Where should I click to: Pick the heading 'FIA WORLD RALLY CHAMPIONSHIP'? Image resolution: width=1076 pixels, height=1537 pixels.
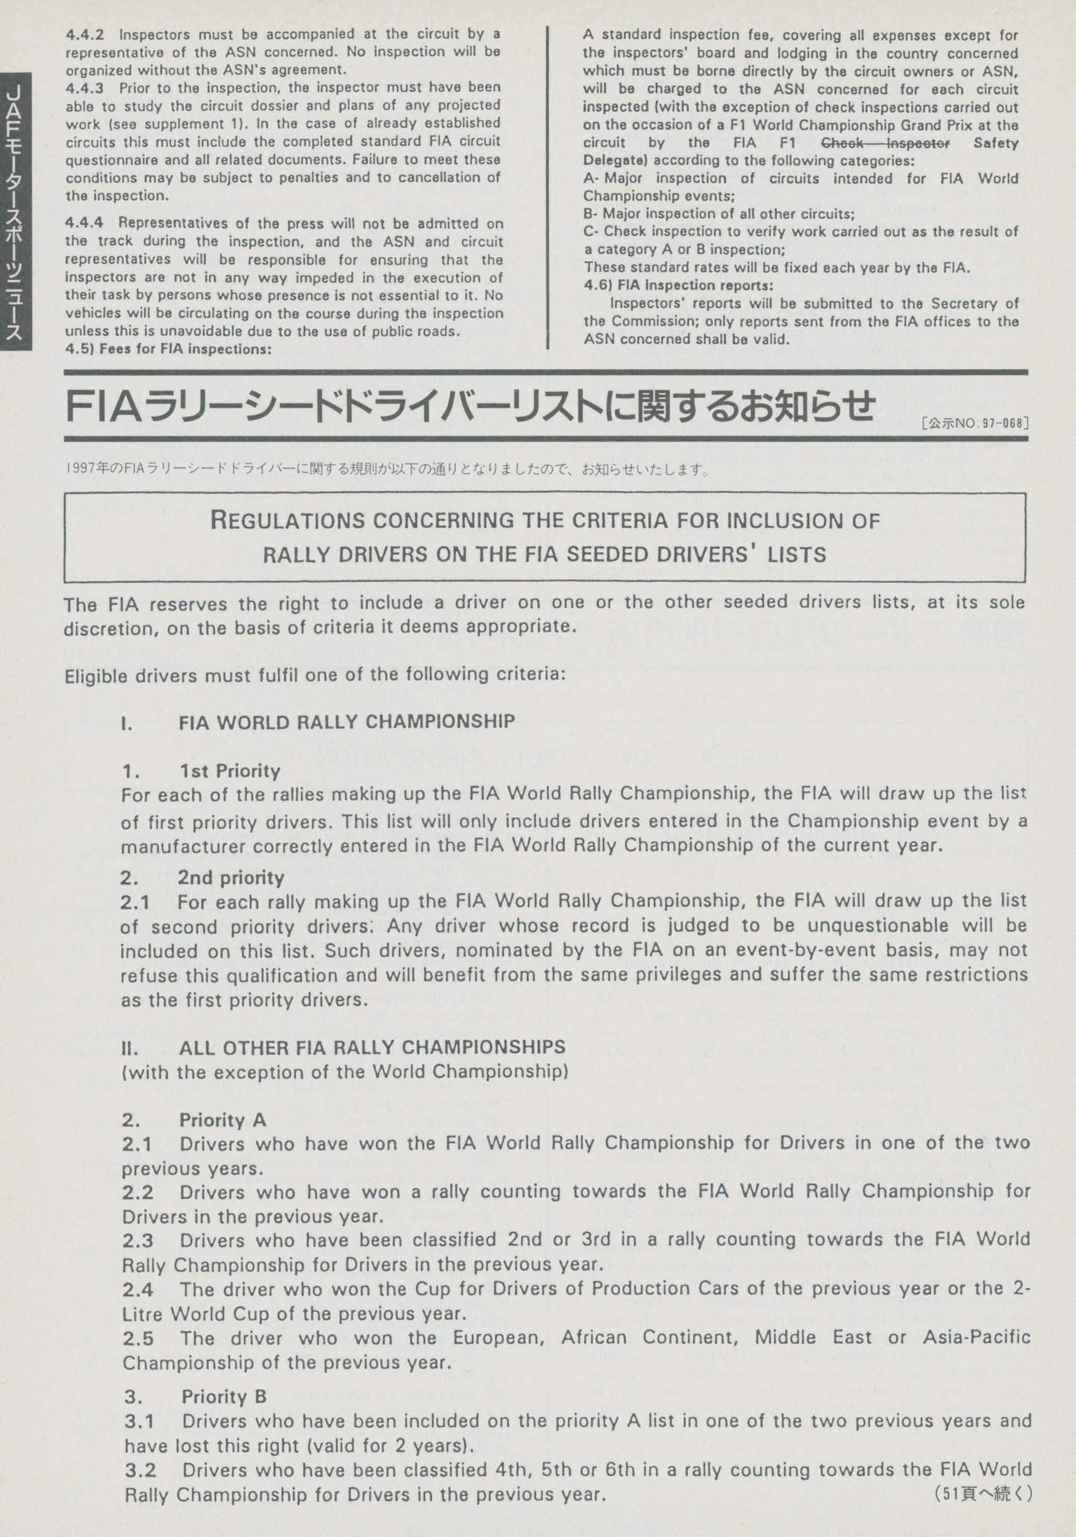pyautogui.click(x=346, y=721)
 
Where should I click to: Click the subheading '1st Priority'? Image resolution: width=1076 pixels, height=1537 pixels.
pyautogui.click(x=230, y=771)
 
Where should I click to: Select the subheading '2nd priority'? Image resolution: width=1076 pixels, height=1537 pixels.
pyautogui.click(x=231, y=877)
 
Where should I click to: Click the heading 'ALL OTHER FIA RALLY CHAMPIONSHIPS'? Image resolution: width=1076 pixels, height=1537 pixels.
pyautogui.click(x=371, y=1047)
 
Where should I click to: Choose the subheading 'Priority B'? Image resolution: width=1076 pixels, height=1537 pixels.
pyautogui.click(x=224, y=1396)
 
